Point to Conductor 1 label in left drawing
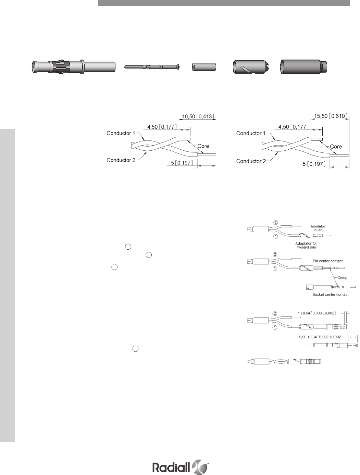tap(121, 133)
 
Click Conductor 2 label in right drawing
tap(251, 161)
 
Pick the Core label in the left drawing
tap(203, 146)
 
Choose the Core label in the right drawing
tap(336, 147)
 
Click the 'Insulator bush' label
tap(318, 228)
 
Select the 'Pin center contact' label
tap(327, 261)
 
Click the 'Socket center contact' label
tap(330, 295)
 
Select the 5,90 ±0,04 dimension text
tap(320, 337)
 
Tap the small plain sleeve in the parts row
tap(203, 67)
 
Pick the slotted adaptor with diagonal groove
tap(249, 67)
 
